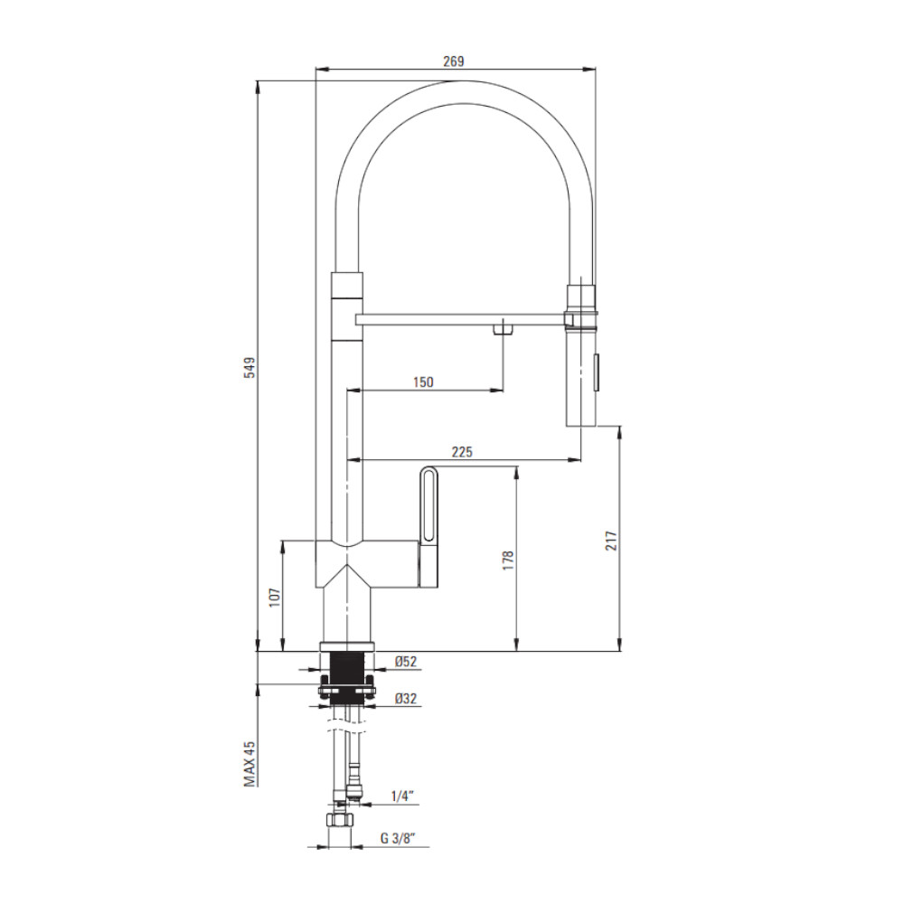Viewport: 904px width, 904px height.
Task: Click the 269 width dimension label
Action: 453,61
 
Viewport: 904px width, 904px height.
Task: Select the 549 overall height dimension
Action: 250,367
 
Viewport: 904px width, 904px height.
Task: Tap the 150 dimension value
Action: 423,381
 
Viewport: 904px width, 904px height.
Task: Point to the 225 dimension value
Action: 462,451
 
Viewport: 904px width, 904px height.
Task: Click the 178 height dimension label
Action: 507,560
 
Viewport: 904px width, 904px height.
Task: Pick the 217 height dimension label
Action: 611,541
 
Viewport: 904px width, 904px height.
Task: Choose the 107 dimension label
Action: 275,597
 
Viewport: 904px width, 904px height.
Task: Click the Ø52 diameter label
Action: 406,662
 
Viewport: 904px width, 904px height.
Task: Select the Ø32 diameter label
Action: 406,698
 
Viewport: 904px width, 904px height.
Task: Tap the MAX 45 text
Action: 250,764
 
